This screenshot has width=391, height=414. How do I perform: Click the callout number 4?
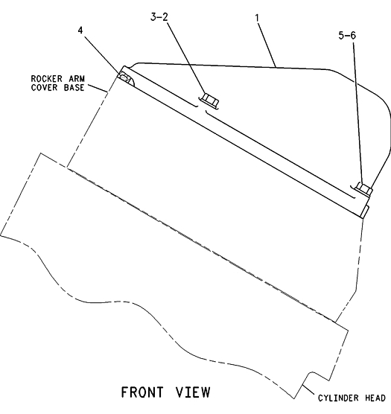[80, 31]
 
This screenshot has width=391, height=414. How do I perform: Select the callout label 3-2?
[159, 17]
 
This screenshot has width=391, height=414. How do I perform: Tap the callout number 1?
[257, 18]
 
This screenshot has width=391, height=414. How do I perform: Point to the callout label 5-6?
[347, 35]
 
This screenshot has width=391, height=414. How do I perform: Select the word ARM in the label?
[77, 78]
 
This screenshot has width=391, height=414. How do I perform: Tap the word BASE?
[74, 87]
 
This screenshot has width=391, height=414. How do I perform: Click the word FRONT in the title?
[142, 392]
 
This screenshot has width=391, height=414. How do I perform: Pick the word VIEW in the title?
[193, 392]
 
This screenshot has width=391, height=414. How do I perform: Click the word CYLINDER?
[338, 398]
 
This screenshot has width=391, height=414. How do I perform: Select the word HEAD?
[375, 398]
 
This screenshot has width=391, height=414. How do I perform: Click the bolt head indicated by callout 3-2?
[210, 101]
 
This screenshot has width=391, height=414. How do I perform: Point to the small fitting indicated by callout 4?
[124, 77]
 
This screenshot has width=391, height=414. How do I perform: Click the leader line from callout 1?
[267, 45]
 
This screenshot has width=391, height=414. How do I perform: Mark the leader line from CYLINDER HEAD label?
[309, 391]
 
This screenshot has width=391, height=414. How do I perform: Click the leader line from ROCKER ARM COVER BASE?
[98, 88]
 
